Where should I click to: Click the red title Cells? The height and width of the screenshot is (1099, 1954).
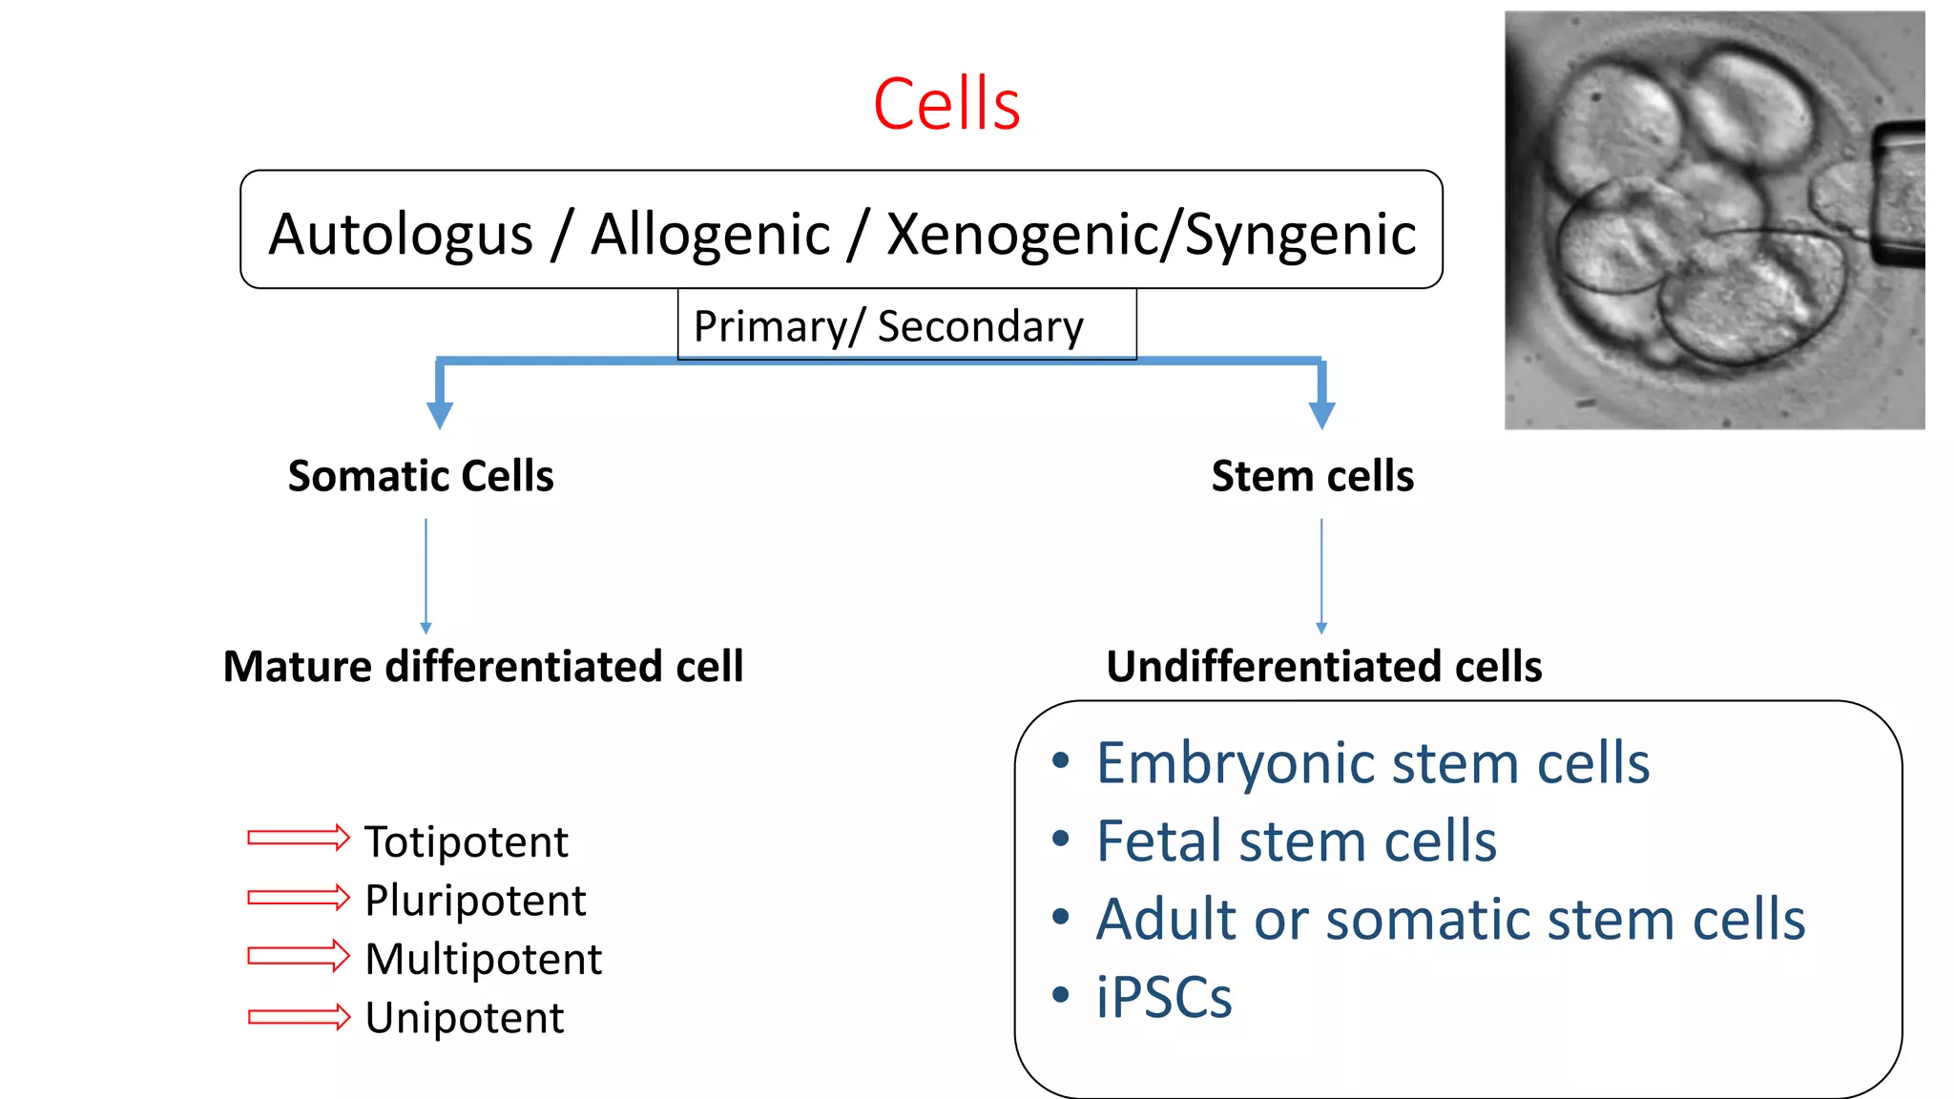tap(946, 104)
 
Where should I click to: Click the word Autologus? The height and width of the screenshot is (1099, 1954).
tap(401, 235)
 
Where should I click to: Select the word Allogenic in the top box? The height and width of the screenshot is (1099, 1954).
tap(711, 235)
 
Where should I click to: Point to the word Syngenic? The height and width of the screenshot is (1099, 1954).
tap(1300, 235)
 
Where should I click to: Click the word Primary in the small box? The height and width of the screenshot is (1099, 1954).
tap(769, 326)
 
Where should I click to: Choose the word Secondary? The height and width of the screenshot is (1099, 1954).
tap(981, 326)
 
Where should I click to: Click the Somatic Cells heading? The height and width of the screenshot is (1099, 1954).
tap(421, 475)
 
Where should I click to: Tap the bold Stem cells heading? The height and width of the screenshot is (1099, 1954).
tap(1312, 475)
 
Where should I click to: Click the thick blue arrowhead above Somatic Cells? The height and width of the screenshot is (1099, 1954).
tap(440, 415)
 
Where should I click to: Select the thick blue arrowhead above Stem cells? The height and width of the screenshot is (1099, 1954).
tap(1321, 415)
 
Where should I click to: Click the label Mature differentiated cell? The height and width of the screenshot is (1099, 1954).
tap(483, 666)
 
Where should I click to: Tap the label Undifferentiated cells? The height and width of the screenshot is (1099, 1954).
tap(1323, 666)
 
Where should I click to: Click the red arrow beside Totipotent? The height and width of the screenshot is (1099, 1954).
tap(299, 838)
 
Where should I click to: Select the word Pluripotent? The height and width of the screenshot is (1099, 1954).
tap(475, 901)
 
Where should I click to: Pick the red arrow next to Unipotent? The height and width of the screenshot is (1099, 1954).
tap(299, 1017)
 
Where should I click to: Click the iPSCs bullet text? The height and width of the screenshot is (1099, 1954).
tap(1164, 998)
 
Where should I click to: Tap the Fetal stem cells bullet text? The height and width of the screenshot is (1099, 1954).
tap(1296, 841)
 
